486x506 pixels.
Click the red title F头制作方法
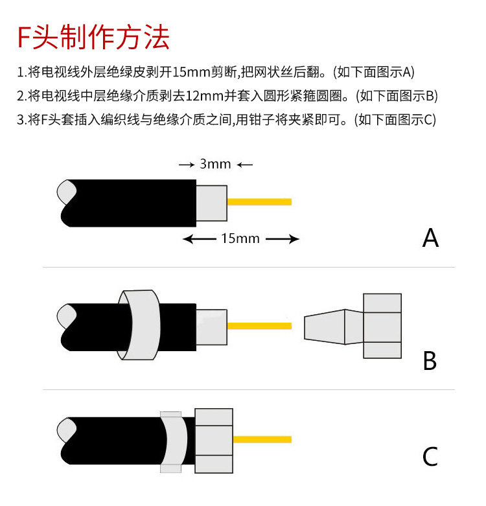[x=93, y=38]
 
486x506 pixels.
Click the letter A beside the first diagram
[x=430, y=238]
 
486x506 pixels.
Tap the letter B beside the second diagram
[x=430, y=360]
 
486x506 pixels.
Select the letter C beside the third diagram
[x=430, y=457]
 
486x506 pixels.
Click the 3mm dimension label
[x=215, y=164]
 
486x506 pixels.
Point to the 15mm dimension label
[x=240, y=239]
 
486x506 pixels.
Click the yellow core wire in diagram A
[x=259, y=201]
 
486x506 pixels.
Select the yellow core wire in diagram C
[x=262, y=439]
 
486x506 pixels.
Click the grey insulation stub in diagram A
[x=211, y=203]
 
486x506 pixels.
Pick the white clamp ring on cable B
[x=139, y=324]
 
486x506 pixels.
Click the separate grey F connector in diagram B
[x=353, y=326]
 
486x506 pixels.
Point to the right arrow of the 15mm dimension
[x=283, y=240]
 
